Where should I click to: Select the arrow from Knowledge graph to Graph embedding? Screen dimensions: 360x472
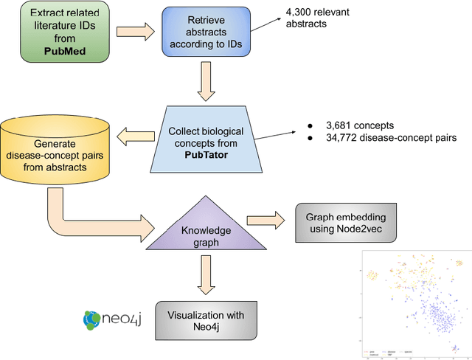(x=266, y=220)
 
